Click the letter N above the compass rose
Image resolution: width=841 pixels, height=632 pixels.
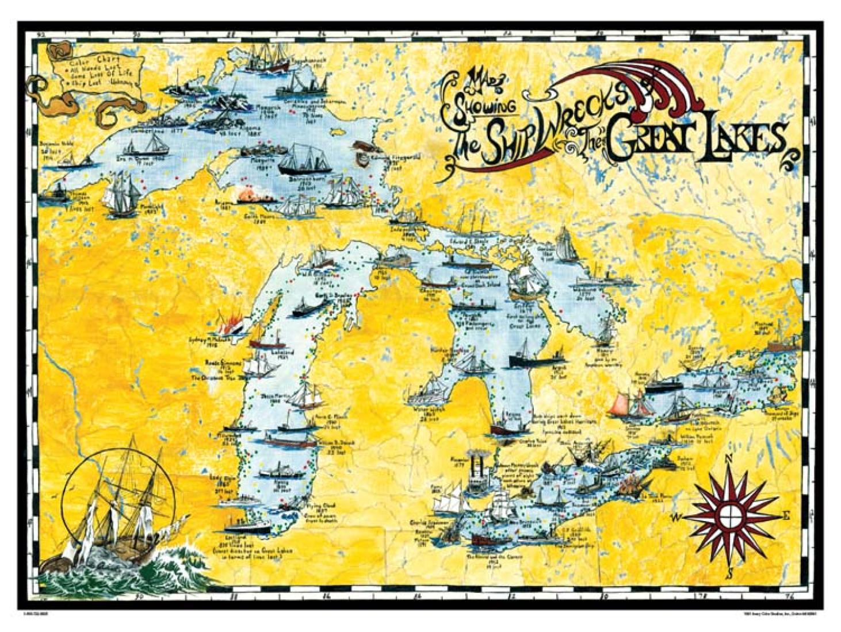pos(728,458)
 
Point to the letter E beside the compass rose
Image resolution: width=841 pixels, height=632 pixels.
pos(786,515)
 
